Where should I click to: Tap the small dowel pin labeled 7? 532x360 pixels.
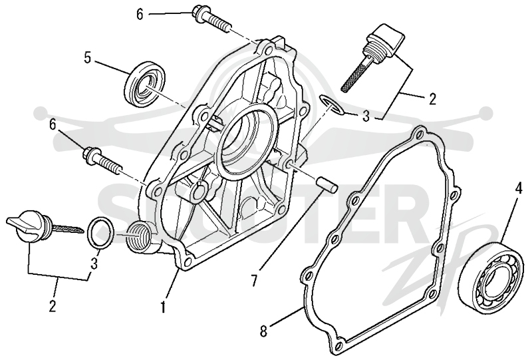tap(327, 184)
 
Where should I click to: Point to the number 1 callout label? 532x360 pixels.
tap(163, 307)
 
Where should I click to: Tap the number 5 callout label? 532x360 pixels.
tap(88, 58)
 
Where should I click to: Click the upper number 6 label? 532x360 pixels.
tap(140, 14)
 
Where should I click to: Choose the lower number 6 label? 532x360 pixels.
tap(53, 124)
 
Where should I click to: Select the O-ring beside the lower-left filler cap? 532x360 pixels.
tap(100, 234)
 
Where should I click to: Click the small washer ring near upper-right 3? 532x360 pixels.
tap(332, 104)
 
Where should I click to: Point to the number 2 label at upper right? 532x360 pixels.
tap(432, 99)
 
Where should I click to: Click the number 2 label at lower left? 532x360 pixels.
tap(52, 306)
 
